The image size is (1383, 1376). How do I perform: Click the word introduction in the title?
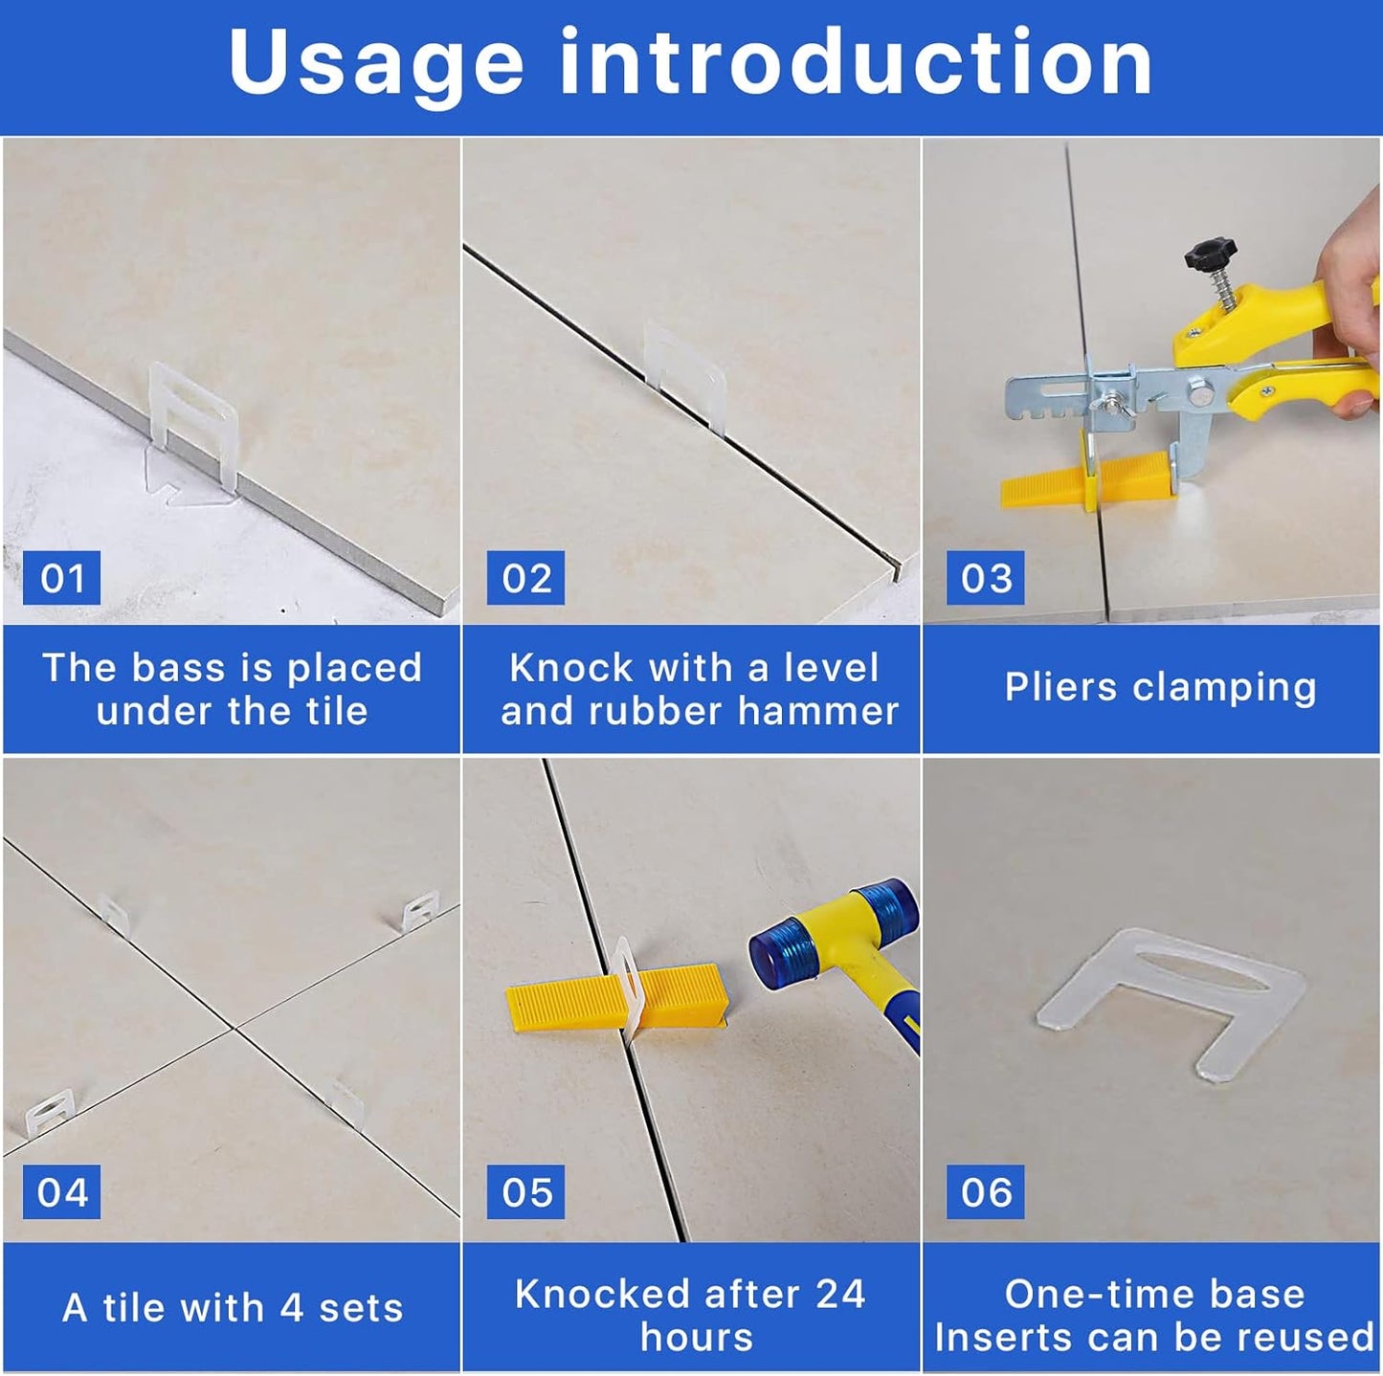point(856,63)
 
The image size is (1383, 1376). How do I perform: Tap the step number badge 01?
point(61,578)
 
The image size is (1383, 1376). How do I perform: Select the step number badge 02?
point(525,578)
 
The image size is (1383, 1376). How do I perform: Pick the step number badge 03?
point(985,578)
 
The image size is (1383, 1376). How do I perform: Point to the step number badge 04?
point(61,1192)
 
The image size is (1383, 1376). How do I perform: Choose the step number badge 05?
point(525,1192)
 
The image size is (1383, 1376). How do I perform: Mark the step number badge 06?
point(985,1192)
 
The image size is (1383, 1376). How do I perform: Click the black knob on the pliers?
point(1210,255)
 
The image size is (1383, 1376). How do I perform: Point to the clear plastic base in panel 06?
point(1172,995)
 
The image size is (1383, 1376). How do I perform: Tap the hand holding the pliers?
point(1350,287)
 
